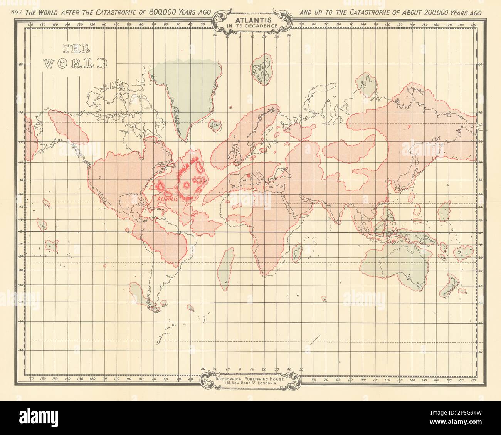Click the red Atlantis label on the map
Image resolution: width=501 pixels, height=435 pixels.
(x=167, y=199)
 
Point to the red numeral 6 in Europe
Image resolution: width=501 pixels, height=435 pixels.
(x=249, y=176)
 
